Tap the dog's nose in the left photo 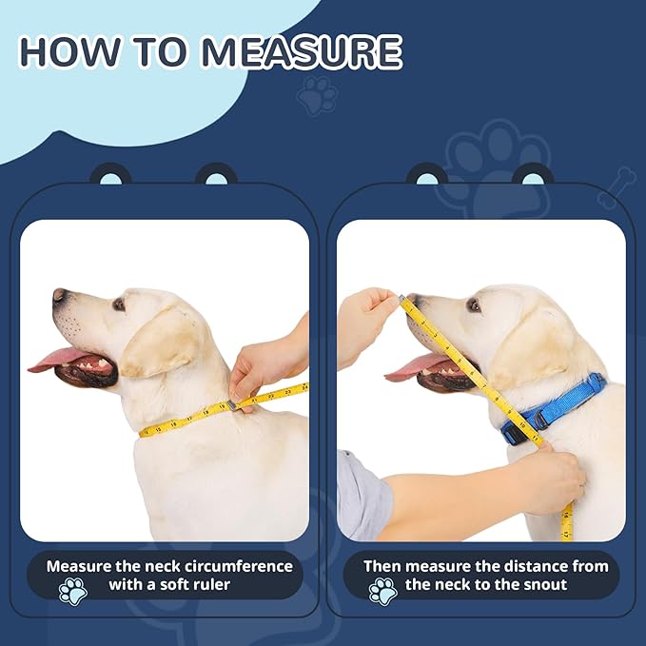click(x=60, y=295)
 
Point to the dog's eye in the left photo click(x=118, y=304)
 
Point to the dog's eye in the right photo click(x=473, y=305)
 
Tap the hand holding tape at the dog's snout click(x=363, y=320)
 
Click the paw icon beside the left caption click(x=72, y=591)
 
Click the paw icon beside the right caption click(x=382, y=591)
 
